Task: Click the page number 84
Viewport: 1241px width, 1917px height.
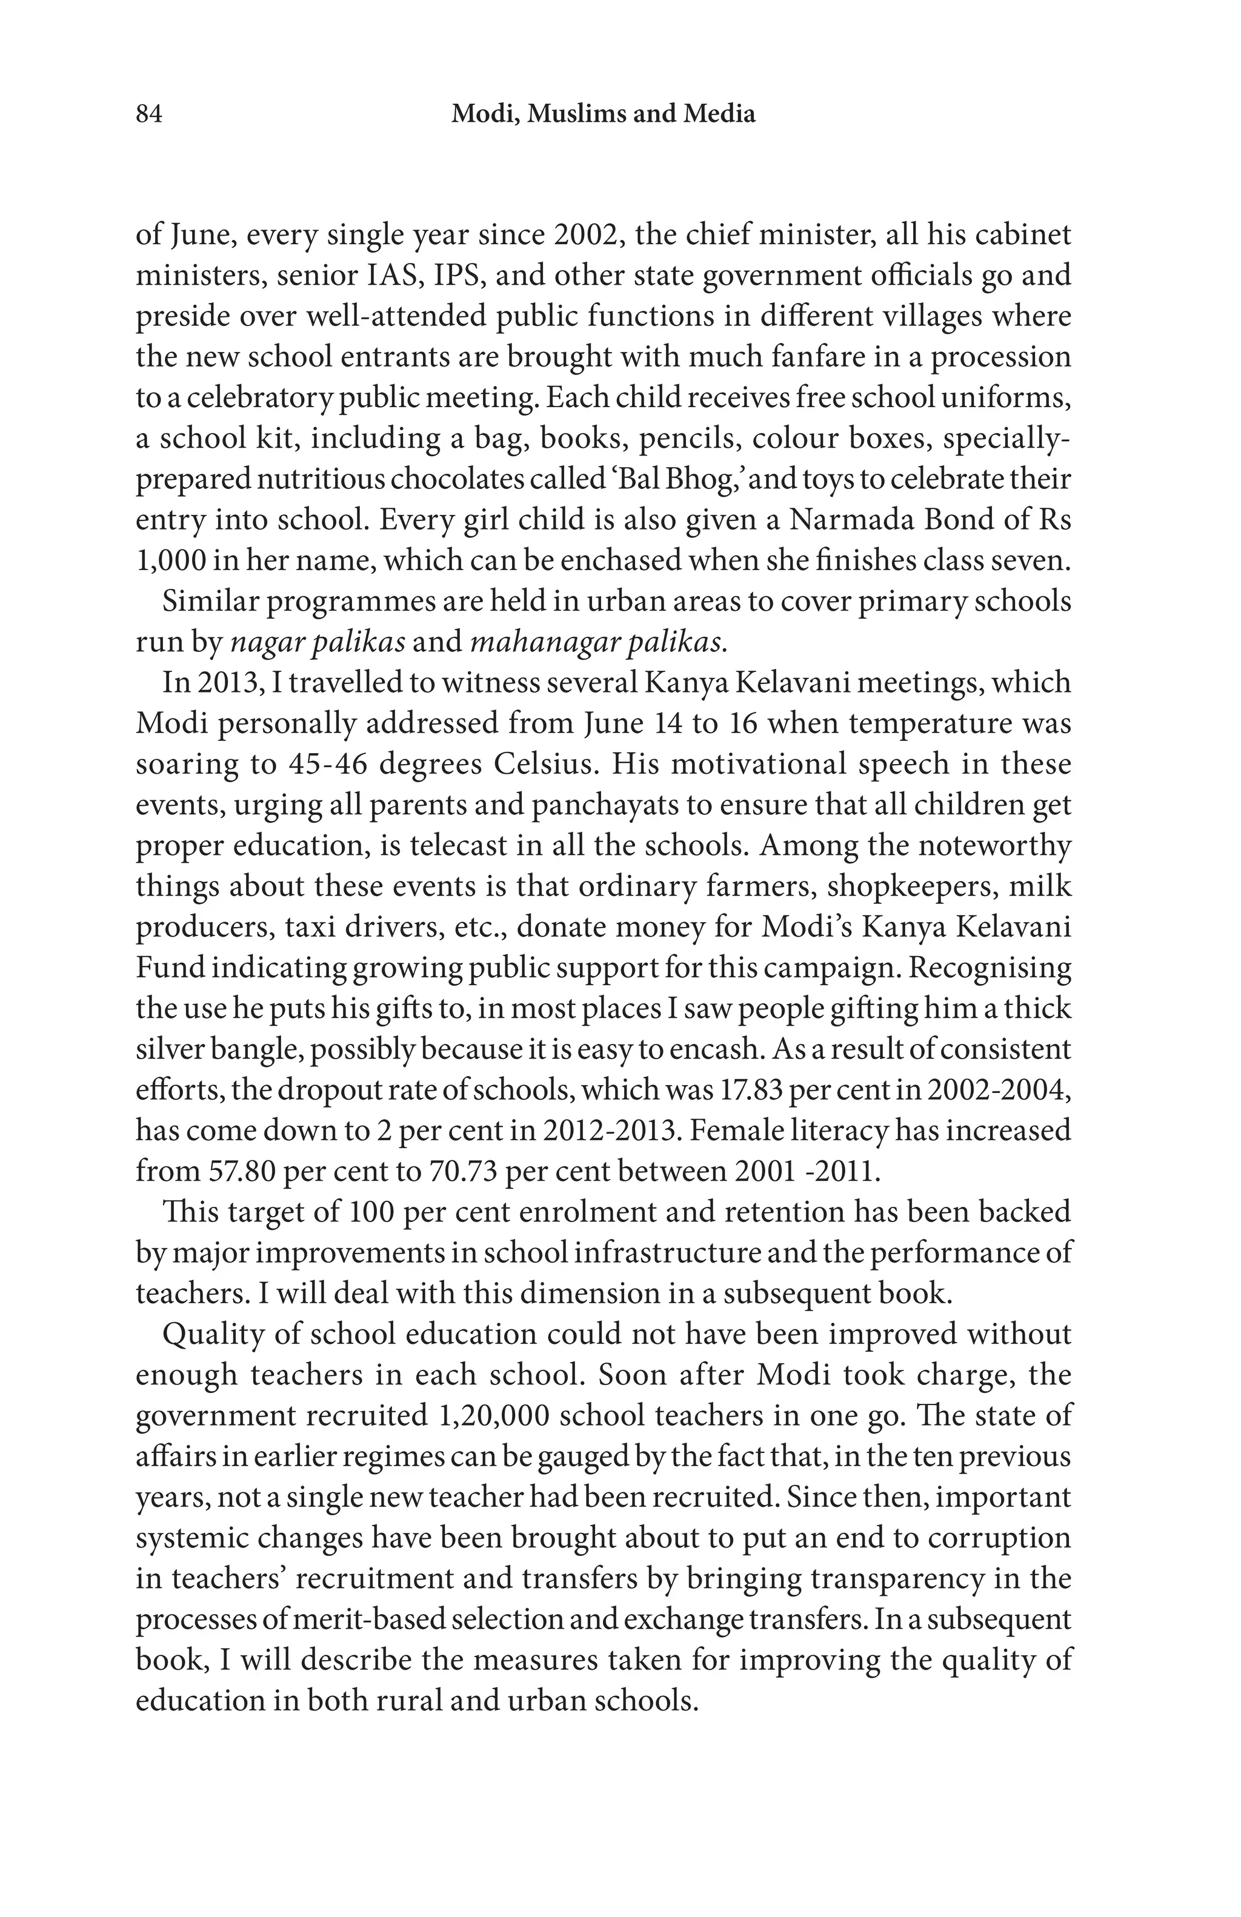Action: click(149, 115)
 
